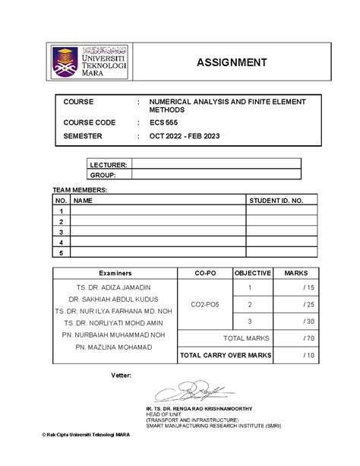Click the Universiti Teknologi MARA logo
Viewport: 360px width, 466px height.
(90, 62)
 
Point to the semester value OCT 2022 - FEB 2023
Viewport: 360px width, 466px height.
(195, 136)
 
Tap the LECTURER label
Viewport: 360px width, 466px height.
(109, 163)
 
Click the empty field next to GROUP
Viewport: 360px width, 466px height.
(216, 174)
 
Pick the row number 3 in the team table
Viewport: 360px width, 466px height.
(61, 231)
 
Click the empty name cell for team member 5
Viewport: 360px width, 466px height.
(157, 252)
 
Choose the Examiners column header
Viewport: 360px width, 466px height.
(115, 272)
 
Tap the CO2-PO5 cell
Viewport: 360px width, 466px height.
(204, 304)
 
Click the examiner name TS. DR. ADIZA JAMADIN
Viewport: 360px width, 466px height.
(114, 287)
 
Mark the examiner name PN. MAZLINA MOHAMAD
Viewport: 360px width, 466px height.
(114, 347)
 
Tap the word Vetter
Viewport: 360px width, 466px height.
(122, 375)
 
